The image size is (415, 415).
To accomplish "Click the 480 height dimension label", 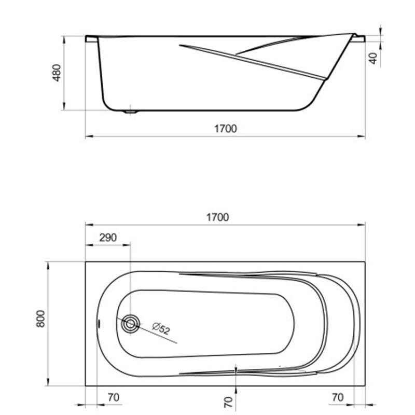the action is click(x=57, y=73).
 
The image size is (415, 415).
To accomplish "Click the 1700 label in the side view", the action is click(x=225, y=129).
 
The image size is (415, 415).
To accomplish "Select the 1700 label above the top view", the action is click(x=217, y=217).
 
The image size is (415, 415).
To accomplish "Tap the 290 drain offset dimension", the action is click(x=108, y=238).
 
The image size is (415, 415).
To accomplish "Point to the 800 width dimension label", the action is click(x=40, y=319).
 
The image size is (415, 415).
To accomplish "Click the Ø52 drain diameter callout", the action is click(x=161, y=328).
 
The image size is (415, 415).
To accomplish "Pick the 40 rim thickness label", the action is click(x=373, y=58).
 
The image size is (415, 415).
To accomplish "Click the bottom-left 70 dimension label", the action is click(x=114, y=397).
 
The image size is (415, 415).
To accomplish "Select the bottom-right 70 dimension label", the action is click(x=338, y=397).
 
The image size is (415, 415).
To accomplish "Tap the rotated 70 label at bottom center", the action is click(x=228, y=402).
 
